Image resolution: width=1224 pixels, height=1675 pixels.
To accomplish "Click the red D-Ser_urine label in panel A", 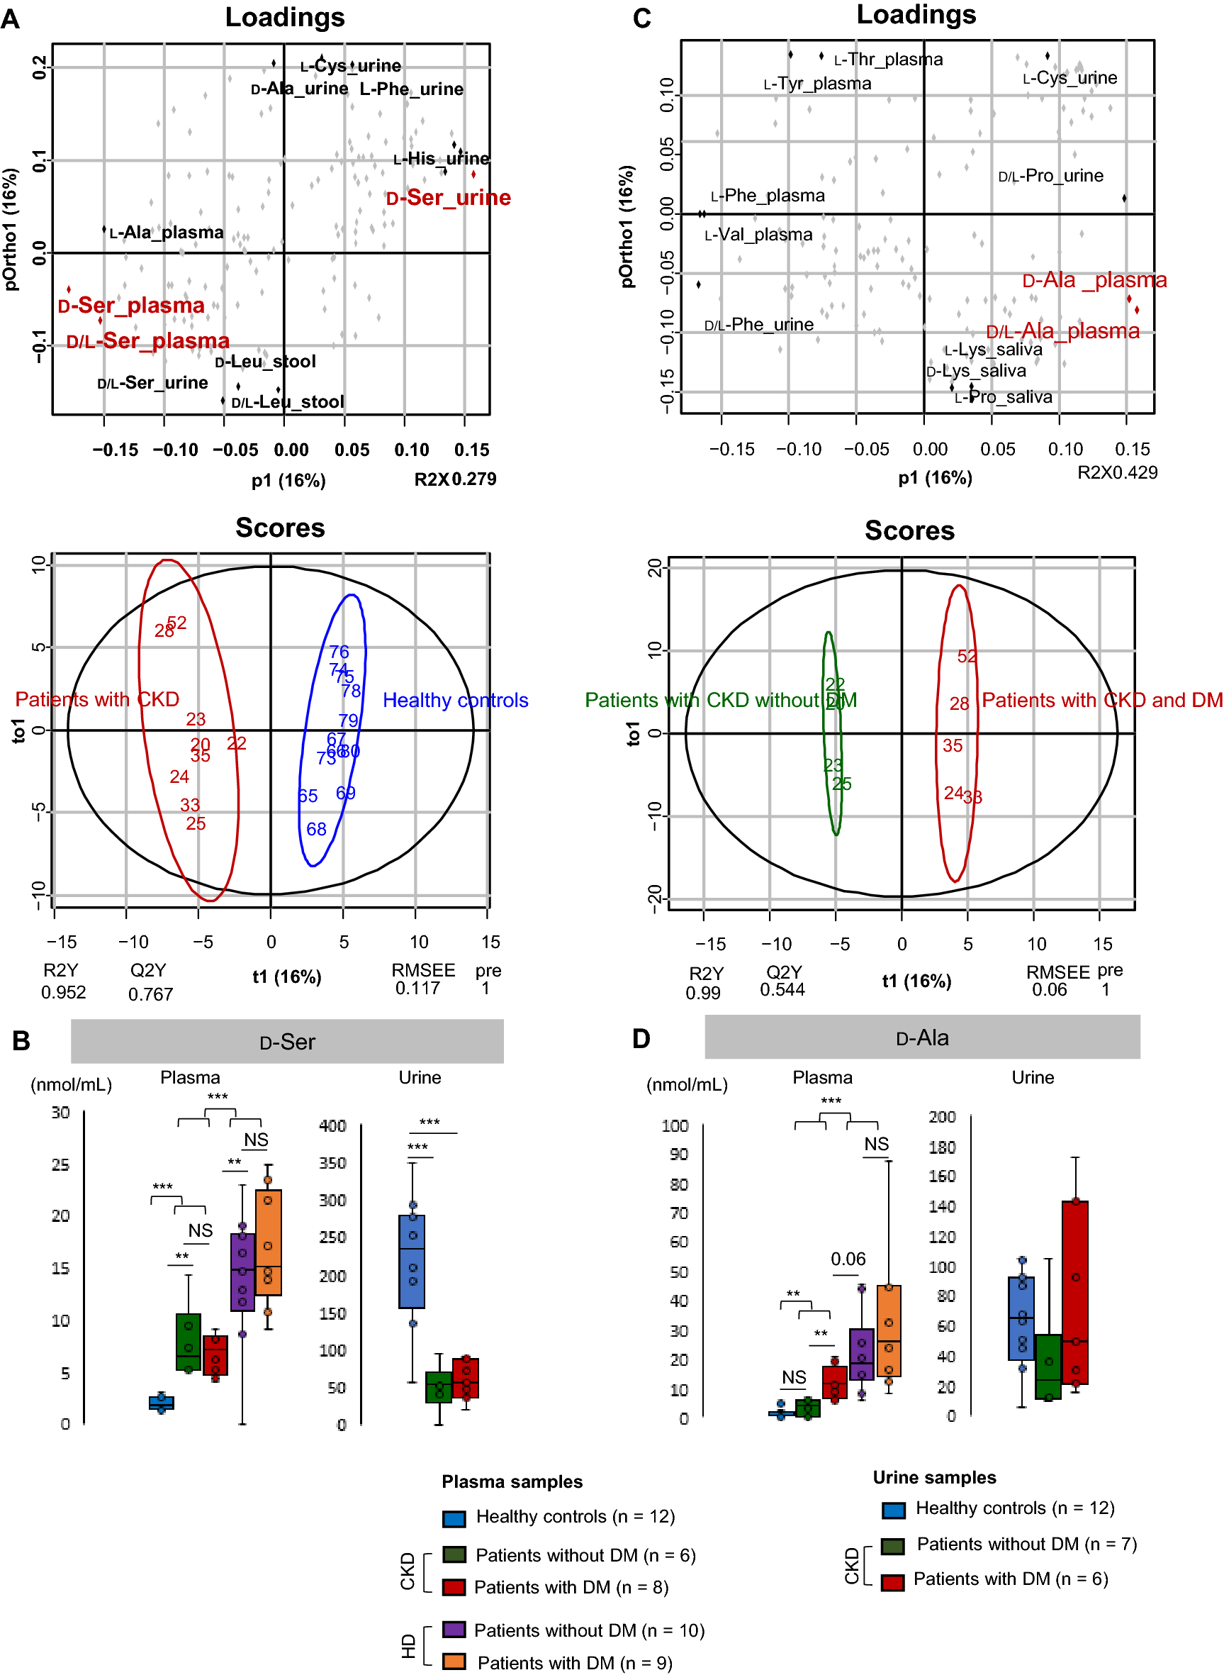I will (x=448, y=198).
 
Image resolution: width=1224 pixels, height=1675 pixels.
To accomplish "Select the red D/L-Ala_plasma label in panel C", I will (x=1062, y=331).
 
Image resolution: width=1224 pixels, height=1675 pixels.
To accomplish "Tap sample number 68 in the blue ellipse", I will (x=316, y=830).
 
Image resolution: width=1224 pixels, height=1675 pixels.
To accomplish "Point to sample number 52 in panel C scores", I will (x=967, y=657).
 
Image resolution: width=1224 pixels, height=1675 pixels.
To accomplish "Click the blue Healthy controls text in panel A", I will (x=455, y=701).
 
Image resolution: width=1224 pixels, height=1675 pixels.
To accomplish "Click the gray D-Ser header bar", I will (x=287, y=1041).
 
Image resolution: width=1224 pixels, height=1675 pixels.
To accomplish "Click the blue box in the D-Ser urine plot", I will (x=412, y=1262).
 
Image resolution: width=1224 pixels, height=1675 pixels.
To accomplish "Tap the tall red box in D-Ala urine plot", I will (x=1074, y=1292).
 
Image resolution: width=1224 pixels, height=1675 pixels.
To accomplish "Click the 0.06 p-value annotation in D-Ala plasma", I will (x=848, y=1259).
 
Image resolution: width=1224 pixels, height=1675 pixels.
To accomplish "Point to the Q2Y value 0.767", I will (x=150, y=995).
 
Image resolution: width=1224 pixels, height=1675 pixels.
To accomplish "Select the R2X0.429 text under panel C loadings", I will (x=1116, y=473).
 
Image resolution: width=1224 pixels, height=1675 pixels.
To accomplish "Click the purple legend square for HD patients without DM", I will (x=454, y=1629).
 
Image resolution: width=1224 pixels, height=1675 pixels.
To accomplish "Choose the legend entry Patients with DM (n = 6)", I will (x=1010, y=1579).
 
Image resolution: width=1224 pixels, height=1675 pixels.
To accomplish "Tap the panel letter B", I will (x=21, y=1041).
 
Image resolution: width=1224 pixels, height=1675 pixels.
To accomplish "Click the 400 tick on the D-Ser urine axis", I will (x=332, y=1126).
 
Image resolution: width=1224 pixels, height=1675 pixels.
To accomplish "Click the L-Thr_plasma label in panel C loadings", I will (x=887, y=60).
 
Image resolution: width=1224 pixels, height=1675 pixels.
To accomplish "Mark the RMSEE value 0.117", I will (x=417, y=989).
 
